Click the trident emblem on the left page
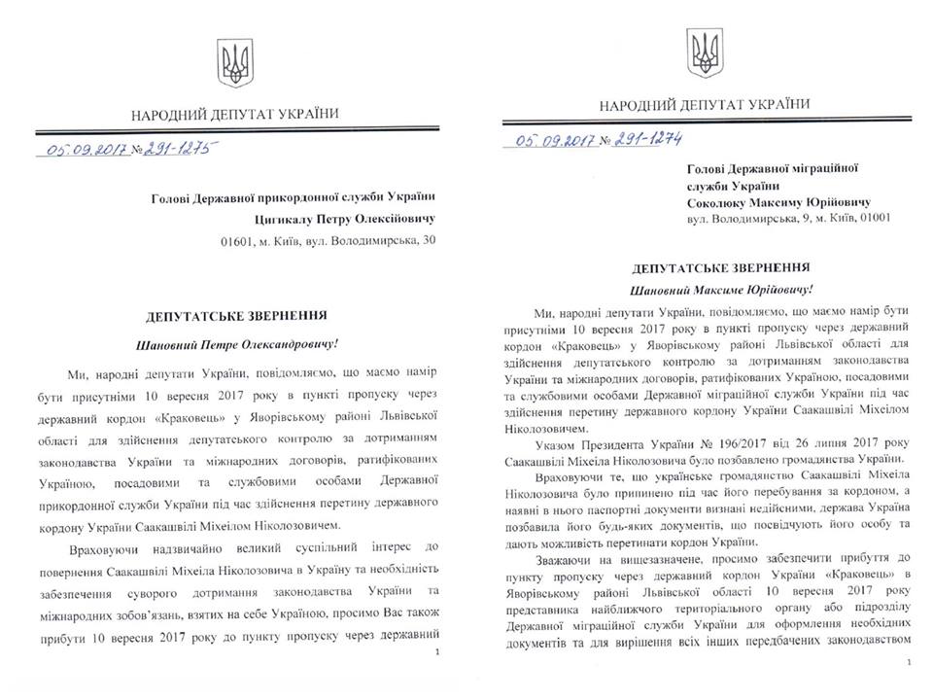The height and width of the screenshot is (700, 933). click(x=235, y=63)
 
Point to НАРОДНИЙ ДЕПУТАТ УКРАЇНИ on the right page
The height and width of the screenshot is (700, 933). click(x=704, y=105)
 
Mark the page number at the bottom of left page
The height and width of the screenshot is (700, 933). click(x=439, y=652)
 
